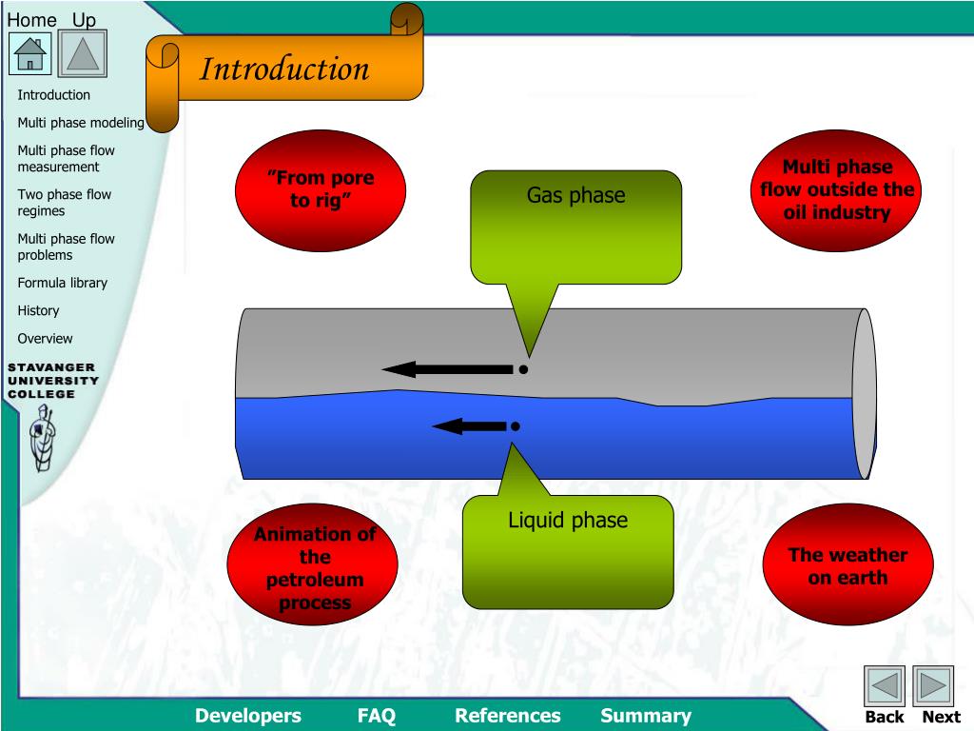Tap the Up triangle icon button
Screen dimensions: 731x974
83,53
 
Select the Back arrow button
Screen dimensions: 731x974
884,685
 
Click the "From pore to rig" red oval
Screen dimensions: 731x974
320,188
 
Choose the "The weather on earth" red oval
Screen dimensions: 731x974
847,565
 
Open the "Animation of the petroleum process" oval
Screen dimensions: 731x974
313,568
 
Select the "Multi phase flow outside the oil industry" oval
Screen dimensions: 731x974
837,189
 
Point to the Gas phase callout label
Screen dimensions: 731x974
576,196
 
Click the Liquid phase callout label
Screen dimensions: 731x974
568,521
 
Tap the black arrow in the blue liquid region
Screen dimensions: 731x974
472,426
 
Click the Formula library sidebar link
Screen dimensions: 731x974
63,283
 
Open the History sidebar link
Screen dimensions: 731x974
38,310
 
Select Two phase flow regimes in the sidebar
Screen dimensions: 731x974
64,203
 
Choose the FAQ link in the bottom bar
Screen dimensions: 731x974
377,716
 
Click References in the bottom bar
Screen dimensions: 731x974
508,716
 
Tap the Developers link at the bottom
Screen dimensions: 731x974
248,716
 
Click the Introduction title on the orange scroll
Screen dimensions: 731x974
284,69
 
